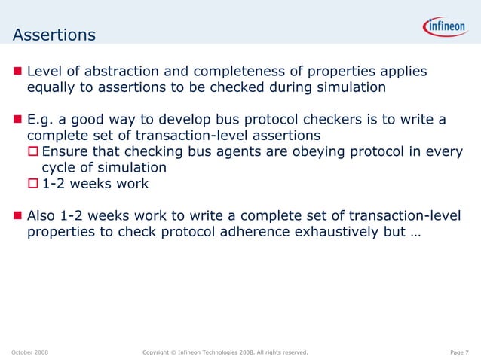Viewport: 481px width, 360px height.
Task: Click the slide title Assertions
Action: pos(54,35)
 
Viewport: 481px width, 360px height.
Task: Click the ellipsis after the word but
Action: pos(416,233)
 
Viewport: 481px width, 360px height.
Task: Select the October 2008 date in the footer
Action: pos(30,352)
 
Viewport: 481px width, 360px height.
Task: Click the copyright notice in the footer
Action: pos(225,352)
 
